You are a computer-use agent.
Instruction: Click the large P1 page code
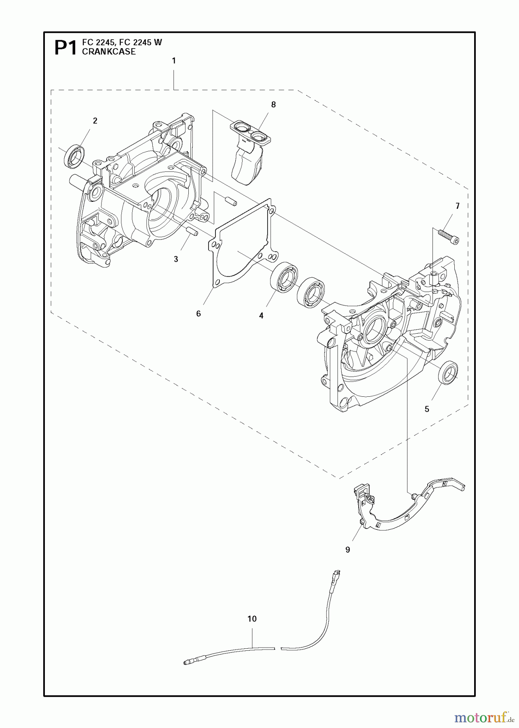(65, 48)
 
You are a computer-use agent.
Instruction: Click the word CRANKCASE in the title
(109, 52)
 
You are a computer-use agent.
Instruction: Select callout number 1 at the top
(174, 61)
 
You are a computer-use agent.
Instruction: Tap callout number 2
(95, 121)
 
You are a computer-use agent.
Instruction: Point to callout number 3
(176, 259)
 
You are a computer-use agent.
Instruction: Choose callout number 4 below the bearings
(261, 316)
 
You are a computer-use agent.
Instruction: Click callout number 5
(427, 409)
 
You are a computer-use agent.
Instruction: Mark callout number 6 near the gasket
(198, 313)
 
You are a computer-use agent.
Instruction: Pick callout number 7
(458, 206)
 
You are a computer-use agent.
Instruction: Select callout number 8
(273, 105)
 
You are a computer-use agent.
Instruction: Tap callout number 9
(348, 550)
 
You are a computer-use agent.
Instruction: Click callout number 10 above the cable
(252, 619)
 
